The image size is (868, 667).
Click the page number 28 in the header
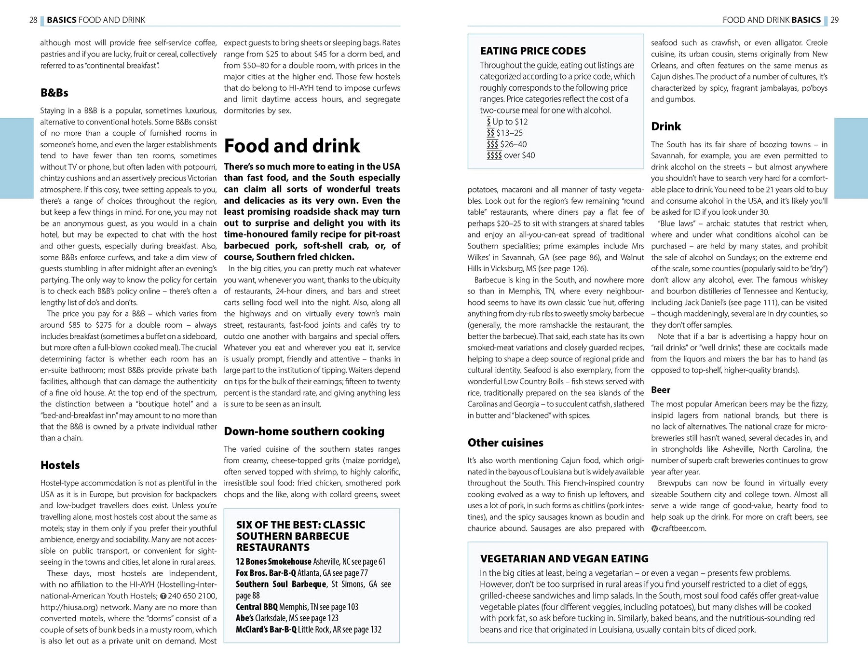click(x=33, y=20)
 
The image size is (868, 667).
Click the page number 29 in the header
click(x=834, y=20)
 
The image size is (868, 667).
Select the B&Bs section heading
click(x=54, y=93)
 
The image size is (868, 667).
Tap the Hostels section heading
click(x=60, y=465)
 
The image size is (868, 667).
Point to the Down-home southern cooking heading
click(x=304, y=431)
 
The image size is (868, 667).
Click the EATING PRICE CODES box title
click(x=533, y=51)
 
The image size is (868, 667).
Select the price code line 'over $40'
click(x=511, y=155)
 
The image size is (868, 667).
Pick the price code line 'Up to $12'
click(x=507, y=122)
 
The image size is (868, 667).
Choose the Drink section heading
click(x=666, y=126)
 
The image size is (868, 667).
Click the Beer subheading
click(x=661, y=389)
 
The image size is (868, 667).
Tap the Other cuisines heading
click(x=505, y=443)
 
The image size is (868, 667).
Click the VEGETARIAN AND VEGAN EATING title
click(x=564, y=558)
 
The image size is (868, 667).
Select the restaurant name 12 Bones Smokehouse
click(x=273, y=561)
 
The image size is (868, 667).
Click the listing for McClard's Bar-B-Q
click(x=266, y=629)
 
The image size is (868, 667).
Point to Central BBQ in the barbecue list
click(x=257, y=607)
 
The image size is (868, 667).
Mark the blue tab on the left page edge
click(x=16, y=158)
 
